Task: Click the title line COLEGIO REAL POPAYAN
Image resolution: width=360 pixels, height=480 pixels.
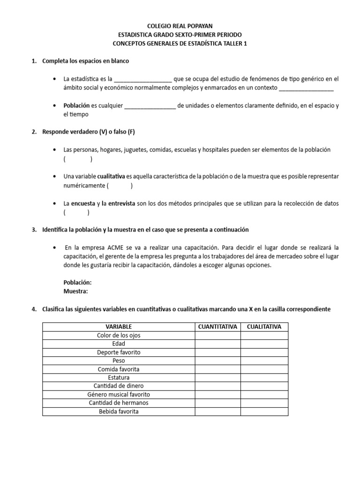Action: point(180,27)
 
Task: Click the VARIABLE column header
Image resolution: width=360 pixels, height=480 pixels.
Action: point(119,327)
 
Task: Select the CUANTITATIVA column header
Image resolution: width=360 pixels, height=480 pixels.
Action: point(218,327)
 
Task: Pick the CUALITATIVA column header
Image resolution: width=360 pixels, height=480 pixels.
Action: point(264,327)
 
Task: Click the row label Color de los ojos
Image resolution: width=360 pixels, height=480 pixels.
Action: point(119,335)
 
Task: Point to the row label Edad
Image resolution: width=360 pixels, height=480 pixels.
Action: point(119,344)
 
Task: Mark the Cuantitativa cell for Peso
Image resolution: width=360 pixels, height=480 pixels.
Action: point(218,360)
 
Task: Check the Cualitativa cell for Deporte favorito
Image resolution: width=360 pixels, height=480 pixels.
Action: point(264,352)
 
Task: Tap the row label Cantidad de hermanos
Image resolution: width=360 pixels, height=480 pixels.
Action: point(119,403)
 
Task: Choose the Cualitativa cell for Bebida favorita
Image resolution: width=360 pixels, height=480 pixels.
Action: point(264,411)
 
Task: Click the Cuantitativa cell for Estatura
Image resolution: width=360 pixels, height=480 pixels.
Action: point(218,377)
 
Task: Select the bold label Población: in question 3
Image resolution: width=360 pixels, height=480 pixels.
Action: point(77,282)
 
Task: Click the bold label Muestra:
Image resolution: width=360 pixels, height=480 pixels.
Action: point(75,291)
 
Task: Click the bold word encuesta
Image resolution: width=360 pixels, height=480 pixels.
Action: point(85,203)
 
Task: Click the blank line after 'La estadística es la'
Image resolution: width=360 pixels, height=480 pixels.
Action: point(143,79)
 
